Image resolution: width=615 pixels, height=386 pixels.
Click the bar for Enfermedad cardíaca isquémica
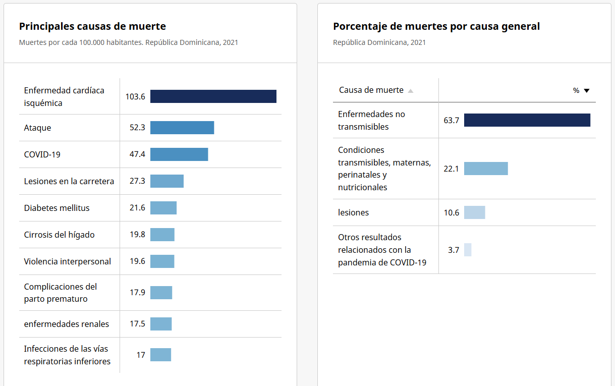(x=213, y=96)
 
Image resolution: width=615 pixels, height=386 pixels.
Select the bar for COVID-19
(x=179, y=154)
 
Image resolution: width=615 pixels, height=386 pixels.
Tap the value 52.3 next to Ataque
(x=137, y=128)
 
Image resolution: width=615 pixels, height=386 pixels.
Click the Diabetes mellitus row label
(x=57, y=208)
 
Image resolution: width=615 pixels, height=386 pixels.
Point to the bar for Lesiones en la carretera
(x=167, y=181)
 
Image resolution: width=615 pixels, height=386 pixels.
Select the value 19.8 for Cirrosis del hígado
(x=137, y=235)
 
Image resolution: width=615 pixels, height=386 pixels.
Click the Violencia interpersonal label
(x=68, y=261)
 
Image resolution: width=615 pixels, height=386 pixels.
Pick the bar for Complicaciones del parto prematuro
(x=161, y=293)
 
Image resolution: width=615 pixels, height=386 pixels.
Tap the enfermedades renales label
(x=67, y=324)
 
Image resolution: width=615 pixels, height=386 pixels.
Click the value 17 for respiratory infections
(x=141, y=355)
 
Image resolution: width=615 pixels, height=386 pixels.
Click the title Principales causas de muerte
(x=92, y=26)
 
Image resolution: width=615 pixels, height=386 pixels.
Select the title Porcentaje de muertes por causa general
(x=436, y=26)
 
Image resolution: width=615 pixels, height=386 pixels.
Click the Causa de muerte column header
(x=371, y=90)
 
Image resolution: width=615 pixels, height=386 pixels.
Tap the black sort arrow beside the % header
(x=586, y=91)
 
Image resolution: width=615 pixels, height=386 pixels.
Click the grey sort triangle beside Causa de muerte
(x=411, y=91)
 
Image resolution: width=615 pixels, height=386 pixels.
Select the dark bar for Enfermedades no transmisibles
(x=527, y=120)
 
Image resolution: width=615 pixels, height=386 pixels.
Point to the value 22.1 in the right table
(x=451, y=169)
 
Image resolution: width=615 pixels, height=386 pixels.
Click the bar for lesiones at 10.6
(x=474, y=212)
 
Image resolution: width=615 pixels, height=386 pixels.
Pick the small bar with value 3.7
(x=468, y=250)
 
